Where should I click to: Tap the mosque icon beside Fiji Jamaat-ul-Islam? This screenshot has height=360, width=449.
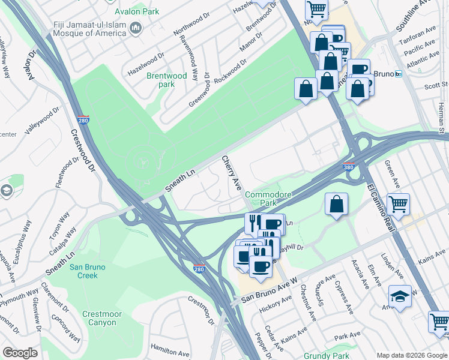136,28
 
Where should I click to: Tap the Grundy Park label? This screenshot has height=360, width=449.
326,356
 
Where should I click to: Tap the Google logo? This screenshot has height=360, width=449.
20,353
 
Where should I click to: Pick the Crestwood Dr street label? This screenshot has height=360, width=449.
84,150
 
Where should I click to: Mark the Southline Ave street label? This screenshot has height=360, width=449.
415,21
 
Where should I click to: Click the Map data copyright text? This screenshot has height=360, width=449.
411,355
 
